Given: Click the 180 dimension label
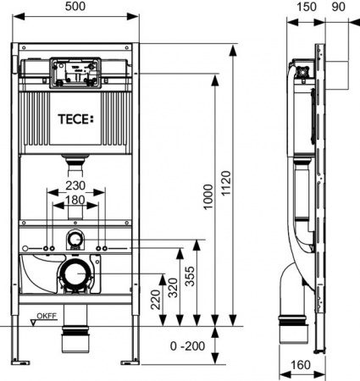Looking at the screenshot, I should coord(75,201).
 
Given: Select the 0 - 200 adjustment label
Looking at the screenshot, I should coord(186,346).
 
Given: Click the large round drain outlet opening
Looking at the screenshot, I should coord(75,276).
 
